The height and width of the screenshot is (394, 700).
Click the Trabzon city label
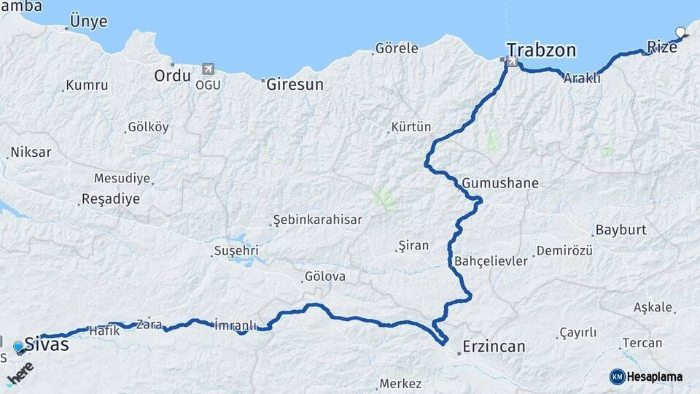click(542, 50)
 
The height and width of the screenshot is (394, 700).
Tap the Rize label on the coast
click(661, 46)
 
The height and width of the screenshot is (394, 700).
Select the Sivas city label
click(47, 344)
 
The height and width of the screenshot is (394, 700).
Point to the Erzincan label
click(494, 346)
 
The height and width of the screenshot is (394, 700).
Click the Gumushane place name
click(500, 182)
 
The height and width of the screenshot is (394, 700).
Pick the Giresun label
click(295, 84)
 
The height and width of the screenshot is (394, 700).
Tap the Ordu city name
click(172, 75)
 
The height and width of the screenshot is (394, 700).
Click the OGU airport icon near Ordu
click(208, 69)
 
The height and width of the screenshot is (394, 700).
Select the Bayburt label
click(621, 230)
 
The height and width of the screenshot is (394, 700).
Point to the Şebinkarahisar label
click(316, 220)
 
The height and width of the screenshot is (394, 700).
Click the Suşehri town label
click(236, 251)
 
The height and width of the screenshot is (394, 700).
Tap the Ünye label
click(88, 21)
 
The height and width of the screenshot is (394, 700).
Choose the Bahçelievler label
click(490, 261)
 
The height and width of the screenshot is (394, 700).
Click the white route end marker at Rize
click(681, 32)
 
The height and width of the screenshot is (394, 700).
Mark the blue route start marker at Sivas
click(18, 347)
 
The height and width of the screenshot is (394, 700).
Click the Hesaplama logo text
click(654, 377)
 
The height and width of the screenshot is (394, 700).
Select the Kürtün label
click(411, 127)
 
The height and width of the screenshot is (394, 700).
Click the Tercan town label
click(642, 343)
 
